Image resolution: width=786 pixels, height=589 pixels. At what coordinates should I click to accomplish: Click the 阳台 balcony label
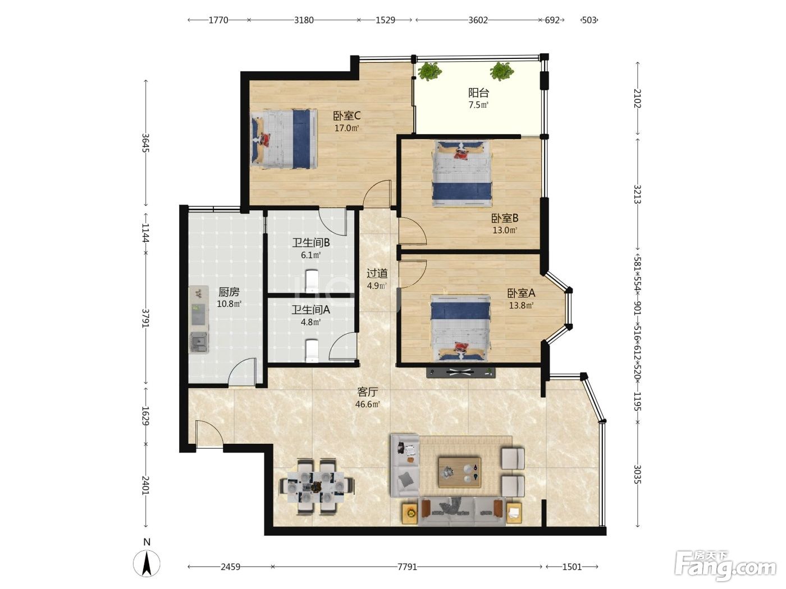(x=478, y=93)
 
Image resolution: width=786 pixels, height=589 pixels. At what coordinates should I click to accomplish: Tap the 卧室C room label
(x=346, y=116)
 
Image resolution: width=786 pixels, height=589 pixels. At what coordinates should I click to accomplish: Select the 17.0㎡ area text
(x=346, y=128)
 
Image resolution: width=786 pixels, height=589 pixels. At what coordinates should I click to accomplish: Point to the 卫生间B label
(x=311, y=243)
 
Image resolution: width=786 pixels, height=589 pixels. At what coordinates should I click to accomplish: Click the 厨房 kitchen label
(x=229, y=292)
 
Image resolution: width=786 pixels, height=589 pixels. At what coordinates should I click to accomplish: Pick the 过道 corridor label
(x=377, y=274)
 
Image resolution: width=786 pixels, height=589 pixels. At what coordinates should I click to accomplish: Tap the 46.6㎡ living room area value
(x=367, y=404)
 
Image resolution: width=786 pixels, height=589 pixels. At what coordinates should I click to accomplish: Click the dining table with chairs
(x=316, y=486)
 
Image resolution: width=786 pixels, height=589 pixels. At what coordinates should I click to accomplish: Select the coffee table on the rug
(x=459, y=472)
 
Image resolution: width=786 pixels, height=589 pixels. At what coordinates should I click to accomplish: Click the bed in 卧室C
(x=284, y=139)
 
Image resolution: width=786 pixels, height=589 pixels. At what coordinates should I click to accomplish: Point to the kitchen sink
(x=199, y=343)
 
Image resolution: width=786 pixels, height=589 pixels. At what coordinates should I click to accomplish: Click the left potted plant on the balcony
(x=429, y=72)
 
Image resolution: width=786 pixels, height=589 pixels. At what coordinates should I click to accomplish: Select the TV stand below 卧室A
(x=461, y=372)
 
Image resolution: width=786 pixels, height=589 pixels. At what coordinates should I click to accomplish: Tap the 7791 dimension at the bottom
(x=407, y=567)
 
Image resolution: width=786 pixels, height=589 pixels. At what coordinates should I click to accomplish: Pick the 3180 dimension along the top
(x=304, y=20)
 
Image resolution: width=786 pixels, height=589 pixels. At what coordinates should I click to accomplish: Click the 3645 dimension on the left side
(x=145, y=142)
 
